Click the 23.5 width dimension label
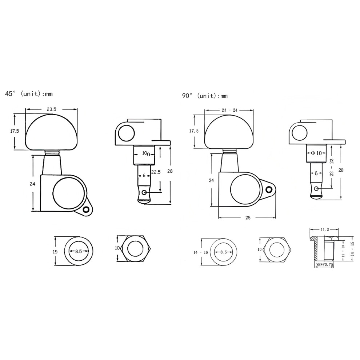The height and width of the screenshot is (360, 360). pyautogui.click(x=51, y=109)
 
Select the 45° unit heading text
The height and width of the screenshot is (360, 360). pyautogui.click(x=29, y=94)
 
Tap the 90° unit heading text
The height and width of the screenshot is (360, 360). pyautogui.click(x=205, y=96)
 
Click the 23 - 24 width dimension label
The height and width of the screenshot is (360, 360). pyautogui.click(x=229, y=110)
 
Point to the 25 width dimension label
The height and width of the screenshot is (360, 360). pyautogui.click(x=248, y=218)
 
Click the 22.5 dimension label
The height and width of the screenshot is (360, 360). pyautogui.click(x=156, y=172)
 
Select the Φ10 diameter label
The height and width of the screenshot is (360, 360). pyautogui.click(x=316, y=153)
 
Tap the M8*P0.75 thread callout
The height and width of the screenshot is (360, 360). pyautogui.click(x=325, y=264)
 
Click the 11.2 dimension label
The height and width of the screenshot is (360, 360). pyautogui.click(x=325, y=229)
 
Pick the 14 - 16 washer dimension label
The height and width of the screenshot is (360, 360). pyautogui.click(x=200, y=252)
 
